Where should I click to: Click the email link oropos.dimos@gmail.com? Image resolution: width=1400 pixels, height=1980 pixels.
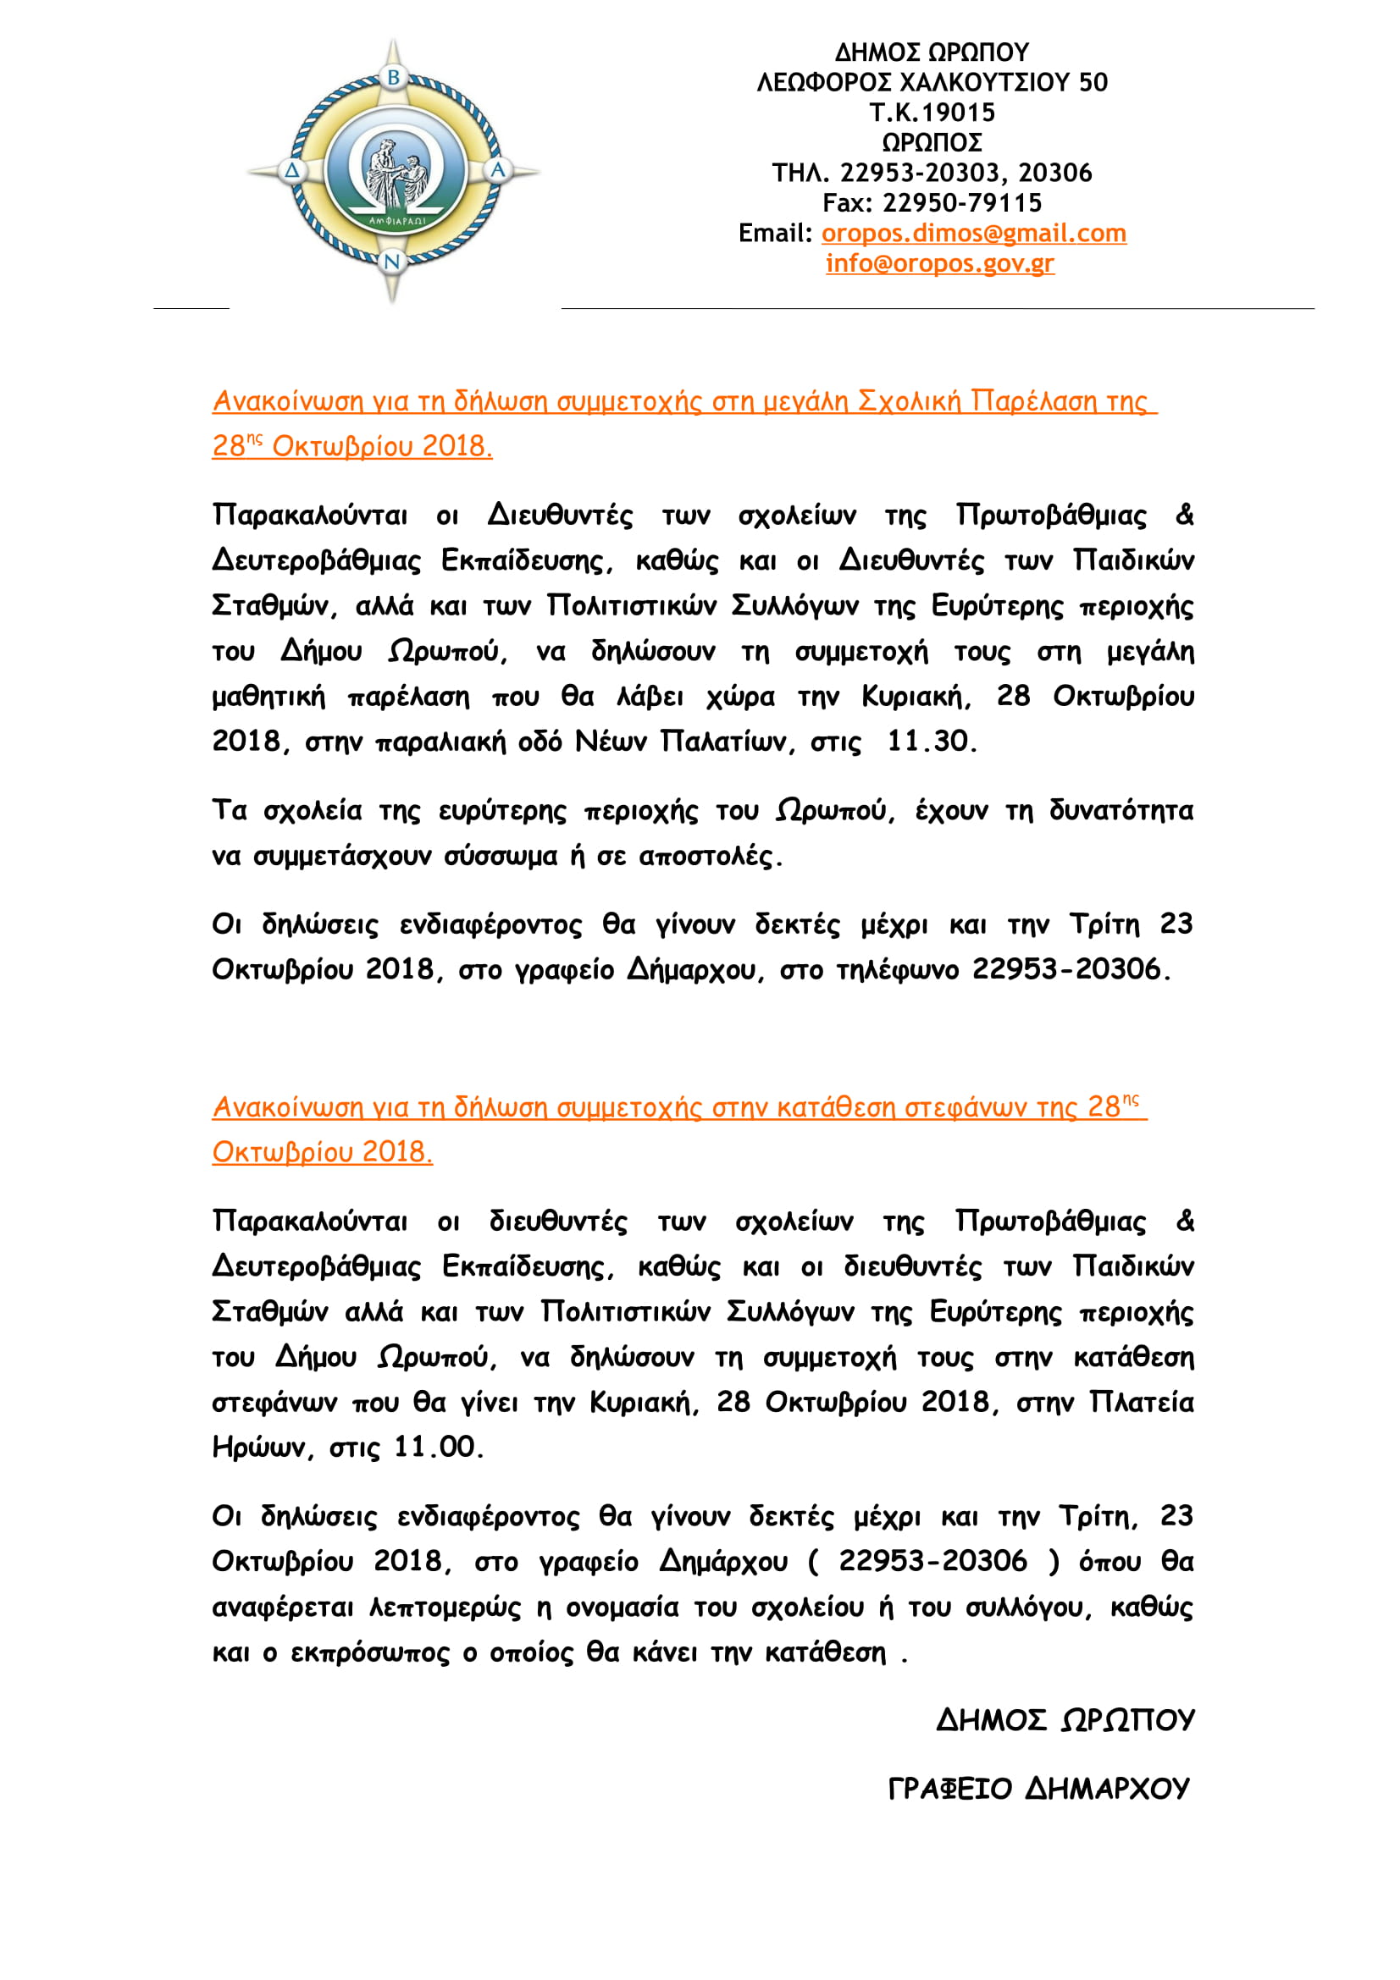point(973,233)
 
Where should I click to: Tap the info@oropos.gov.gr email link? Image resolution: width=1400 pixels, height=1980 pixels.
point(939,263)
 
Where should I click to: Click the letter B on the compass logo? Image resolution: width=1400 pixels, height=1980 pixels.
point(393,78)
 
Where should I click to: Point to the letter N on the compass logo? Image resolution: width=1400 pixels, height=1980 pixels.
point(392,262)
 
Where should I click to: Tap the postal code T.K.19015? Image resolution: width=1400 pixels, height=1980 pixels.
point(932,112)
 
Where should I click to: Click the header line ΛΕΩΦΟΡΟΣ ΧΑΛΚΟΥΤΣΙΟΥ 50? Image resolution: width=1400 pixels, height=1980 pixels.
point(932,82)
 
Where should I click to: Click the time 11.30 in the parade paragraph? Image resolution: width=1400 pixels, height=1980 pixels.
point(931,741)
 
